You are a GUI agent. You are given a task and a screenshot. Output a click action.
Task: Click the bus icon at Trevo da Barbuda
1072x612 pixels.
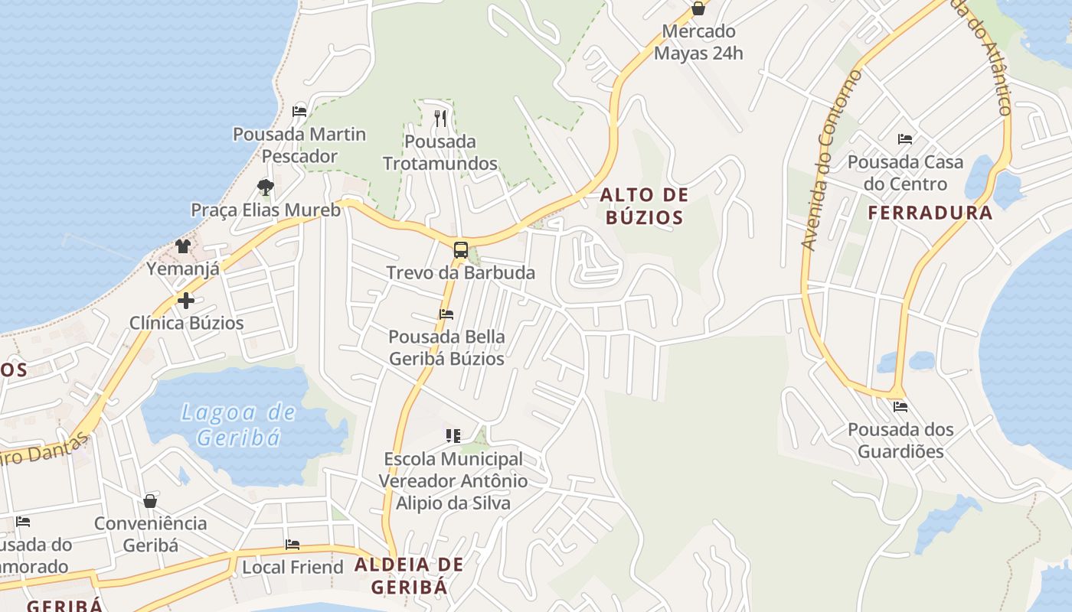pos(460,249)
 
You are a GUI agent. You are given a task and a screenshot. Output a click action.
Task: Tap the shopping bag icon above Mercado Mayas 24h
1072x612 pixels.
pos(698,8)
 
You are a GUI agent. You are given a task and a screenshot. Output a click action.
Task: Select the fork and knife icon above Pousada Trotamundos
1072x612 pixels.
pos(440,118)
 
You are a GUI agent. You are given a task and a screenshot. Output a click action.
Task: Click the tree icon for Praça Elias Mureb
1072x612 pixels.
pos(265,187)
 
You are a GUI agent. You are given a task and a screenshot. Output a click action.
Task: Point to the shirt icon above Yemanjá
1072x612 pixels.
pos(182,246)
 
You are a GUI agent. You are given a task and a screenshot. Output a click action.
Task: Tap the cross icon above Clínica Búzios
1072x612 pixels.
pos(185,301)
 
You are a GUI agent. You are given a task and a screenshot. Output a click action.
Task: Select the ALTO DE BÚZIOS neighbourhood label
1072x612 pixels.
pos(643,206)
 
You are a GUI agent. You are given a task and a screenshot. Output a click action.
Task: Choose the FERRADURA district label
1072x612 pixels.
pos(930,213)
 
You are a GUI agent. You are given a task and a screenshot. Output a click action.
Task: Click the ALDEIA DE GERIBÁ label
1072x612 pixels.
pos(409,576)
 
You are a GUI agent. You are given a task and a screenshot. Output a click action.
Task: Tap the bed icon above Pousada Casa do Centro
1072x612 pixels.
pos(904,139)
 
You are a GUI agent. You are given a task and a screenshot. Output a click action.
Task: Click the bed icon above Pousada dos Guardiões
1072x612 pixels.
pos(900,406)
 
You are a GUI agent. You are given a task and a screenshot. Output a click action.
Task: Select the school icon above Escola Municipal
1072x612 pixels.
pos(453,436)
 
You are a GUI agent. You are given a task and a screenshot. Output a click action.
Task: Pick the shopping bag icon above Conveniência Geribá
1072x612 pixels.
pos(150,501)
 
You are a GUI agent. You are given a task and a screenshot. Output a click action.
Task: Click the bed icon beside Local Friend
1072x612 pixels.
pos(292,545)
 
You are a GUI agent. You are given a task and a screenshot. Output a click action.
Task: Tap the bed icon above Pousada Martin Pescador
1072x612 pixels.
pos(299,112)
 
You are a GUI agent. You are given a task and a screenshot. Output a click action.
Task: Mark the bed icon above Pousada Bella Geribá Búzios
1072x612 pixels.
pos(446,314)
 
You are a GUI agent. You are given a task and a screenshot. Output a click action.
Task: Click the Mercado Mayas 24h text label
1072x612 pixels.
pos(698,42)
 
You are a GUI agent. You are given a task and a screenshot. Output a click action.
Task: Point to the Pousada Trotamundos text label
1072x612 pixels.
pos(440,152)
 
